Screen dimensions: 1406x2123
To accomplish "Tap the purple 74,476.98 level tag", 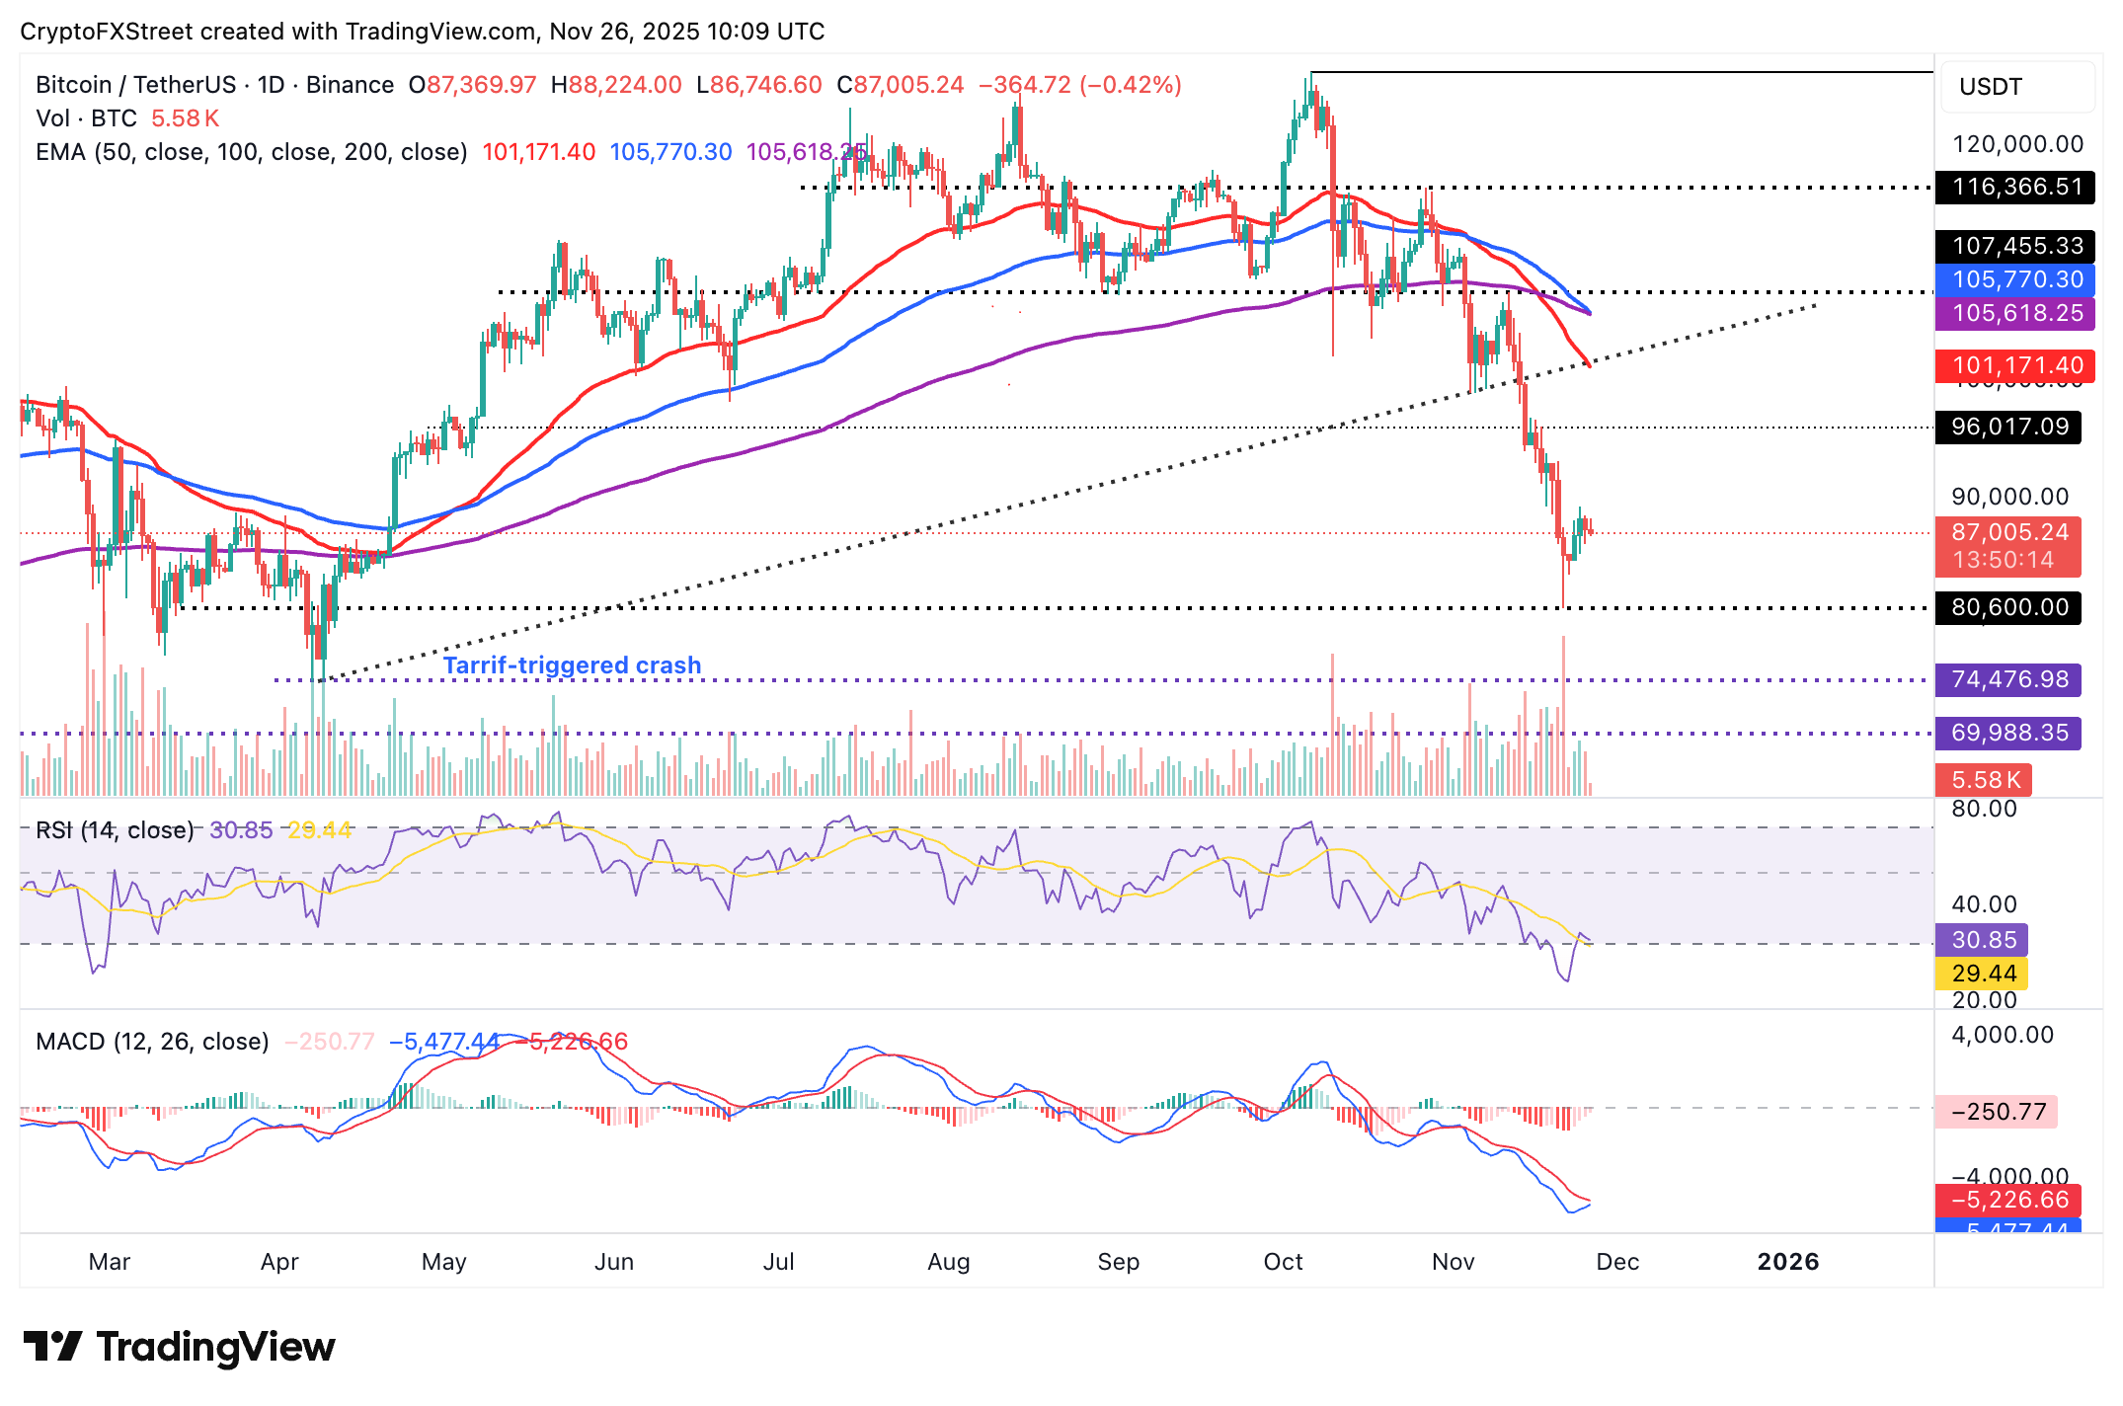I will (x=2009, y=679).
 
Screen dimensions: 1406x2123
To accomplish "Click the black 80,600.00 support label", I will (x=2009, y=607).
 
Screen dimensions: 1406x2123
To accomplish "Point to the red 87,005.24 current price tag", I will (x=2009, y=533).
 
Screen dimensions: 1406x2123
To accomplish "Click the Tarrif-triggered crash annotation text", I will (x=572, y=665).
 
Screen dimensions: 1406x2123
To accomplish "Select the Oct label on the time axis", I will (x=1283, y=1262).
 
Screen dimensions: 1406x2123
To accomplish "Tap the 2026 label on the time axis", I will (x=1787, y=1262).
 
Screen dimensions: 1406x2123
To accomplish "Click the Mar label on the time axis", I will (x=110, y=1262).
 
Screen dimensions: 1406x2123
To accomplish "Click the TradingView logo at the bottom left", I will (x=179, y=1347).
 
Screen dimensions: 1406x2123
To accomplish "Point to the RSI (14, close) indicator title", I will (x=115, y=830).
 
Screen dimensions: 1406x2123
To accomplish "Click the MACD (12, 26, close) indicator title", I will (x=152, y=1042).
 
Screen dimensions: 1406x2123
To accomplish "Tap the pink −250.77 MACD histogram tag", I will (x=1998, y=1112).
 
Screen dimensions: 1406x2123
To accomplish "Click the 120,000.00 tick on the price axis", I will (x=2017, y=144).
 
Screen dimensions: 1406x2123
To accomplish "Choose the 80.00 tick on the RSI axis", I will (x=1984, y=809).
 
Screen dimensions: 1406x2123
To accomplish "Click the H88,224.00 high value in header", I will (x=617, y=85).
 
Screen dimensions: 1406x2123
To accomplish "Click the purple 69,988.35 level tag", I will (x=2009, y=733).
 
